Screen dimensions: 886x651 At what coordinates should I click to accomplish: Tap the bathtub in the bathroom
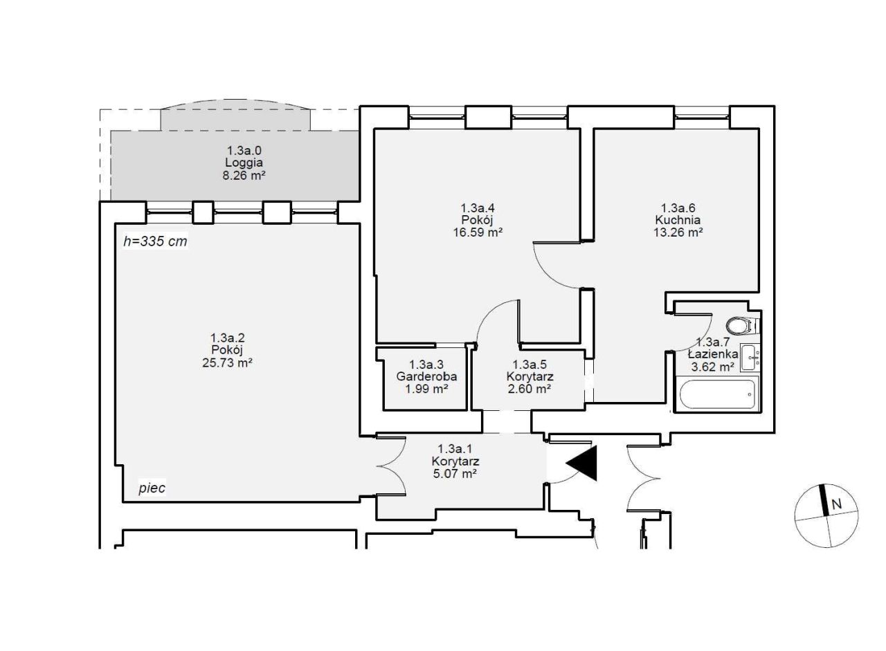coord(718,394)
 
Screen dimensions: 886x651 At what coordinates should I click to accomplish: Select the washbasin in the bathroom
coord(750,357)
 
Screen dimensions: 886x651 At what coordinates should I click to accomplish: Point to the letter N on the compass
coord(836,504)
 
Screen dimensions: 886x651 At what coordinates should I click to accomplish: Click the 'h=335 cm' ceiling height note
coord(155,241)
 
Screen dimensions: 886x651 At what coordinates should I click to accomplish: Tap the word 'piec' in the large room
coord(152,488)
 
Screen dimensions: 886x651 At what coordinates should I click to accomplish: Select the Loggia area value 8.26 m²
coord(244,175)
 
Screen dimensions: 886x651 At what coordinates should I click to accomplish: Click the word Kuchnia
coord(678,220)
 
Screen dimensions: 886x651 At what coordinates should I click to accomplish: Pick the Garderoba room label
coord(426,376)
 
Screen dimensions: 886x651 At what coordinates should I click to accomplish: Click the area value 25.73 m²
coord(228,363)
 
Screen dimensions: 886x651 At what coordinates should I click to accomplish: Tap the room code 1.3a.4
coord(478,208)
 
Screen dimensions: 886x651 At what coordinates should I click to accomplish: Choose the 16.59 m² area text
coord(478,232)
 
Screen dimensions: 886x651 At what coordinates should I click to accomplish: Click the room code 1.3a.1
coord(455,449)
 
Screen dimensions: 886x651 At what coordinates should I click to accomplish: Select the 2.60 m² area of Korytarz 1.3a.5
coord(530,389)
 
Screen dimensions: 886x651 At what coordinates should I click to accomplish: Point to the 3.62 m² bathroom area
coord(713,367)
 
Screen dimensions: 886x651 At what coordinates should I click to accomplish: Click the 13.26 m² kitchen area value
coord(678,232)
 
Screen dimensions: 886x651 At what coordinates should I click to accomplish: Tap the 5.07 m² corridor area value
coord(455,473)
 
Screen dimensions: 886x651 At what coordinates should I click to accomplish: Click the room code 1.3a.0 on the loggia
coord(244,151)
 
